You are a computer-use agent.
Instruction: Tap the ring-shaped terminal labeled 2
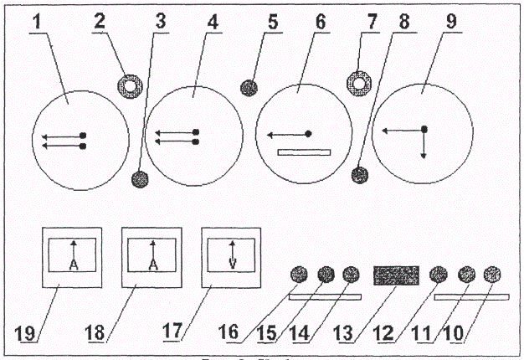(x=130, y=85)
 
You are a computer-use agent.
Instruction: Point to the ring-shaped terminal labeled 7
(x=358, y=83)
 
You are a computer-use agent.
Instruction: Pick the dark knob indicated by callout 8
(x=360, y=174)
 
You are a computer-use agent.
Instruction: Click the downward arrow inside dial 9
(x=424, y=148)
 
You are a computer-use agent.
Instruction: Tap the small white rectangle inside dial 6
(x=305, y=152)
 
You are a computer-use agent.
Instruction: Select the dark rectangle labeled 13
(x=395, y=275)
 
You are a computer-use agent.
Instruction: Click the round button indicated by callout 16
(x=299, y=274)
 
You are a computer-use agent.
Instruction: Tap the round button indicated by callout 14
(x=351, y=274)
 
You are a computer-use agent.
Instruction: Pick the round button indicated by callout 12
(x=438, y=274)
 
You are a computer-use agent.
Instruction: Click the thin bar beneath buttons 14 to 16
(x=325, y=296)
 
